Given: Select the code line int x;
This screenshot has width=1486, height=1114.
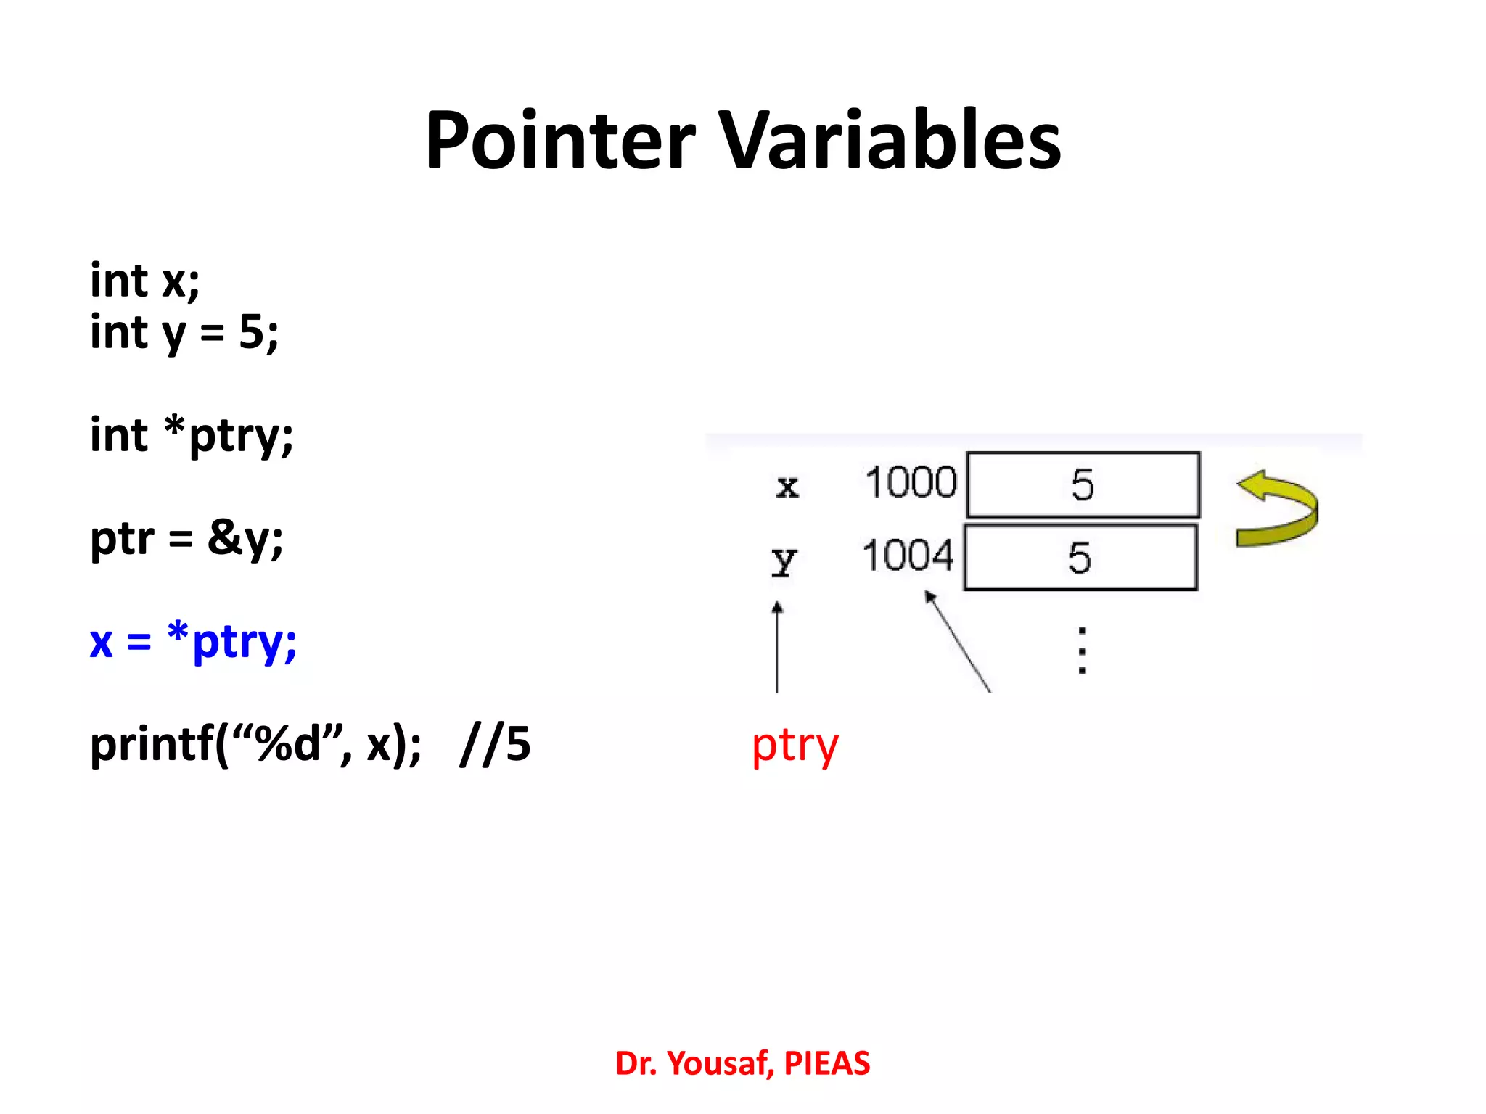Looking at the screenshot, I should (144, 281).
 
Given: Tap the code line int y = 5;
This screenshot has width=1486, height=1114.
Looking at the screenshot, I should (184, 334).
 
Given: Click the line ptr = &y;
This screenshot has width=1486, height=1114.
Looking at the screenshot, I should (186, 540).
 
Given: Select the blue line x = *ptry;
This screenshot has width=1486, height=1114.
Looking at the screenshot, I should (193, 643).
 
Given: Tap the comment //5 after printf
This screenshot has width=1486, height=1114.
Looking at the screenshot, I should (495, 746).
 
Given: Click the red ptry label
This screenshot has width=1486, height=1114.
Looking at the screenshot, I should (795, 747).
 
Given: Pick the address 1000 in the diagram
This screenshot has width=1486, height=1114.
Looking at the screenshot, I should (911, 483).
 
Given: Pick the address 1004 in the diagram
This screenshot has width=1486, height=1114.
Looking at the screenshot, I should (908, 557).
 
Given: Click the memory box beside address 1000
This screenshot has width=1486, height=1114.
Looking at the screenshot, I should (1083, 484).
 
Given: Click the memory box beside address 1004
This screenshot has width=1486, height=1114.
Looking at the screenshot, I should (1080, 558).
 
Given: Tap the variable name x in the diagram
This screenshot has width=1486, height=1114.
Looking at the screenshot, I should (787, 487).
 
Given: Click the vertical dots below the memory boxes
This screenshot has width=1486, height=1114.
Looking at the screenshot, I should (1082, 651).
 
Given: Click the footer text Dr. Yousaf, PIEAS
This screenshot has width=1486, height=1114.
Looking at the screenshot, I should (742, 1064).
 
